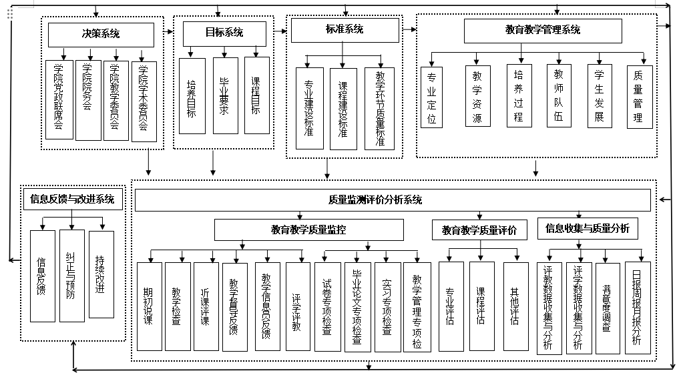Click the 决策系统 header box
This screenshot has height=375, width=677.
[x=101, y=35]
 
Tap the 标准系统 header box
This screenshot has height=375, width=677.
[x=345, y=30]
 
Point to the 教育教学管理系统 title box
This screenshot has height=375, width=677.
[x=542, y=31]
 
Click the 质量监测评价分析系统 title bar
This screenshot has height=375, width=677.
[x=393, y=200]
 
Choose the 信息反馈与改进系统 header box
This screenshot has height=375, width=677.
[x=72, y=199]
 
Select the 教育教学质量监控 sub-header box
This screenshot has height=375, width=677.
[x=308, y=230]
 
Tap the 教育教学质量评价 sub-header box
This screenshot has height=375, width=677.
[x=479, y=230]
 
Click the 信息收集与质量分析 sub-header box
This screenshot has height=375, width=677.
[x=587, y=229]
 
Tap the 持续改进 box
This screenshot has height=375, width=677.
[x=101, y=275]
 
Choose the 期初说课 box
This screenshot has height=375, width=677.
[x=150, y=306]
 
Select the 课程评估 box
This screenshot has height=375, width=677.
[x=481, y=306]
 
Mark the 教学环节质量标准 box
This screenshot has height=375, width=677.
[x=379, y=108]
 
